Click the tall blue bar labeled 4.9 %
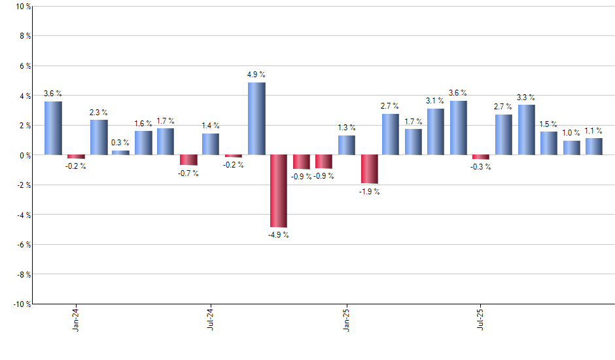[256, 118]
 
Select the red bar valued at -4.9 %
[279, 190]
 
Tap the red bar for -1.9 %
[369, 169]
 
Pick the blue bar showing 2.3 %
[99, 137]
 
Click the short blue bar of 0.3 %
[120, 153]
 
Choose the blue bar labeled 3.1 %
[436, 132]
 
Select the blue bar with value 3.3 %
[527, 130]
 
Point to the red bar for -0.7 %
[188, 160]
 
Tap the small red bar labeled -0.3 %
[481, 157]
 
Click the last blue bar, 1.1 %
[594, 147]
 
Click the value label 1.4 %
[211, 126]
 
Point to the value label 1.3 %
[347, 128]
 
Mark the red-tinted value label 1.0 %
[572, 133]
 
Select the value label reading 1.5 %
[549, 124]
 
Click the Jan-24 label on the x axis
[77, 319]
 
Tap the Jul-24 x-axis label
[211, 319]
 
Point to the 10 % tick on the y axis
[23, 7]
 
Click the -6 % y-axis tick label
[23, 244]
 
